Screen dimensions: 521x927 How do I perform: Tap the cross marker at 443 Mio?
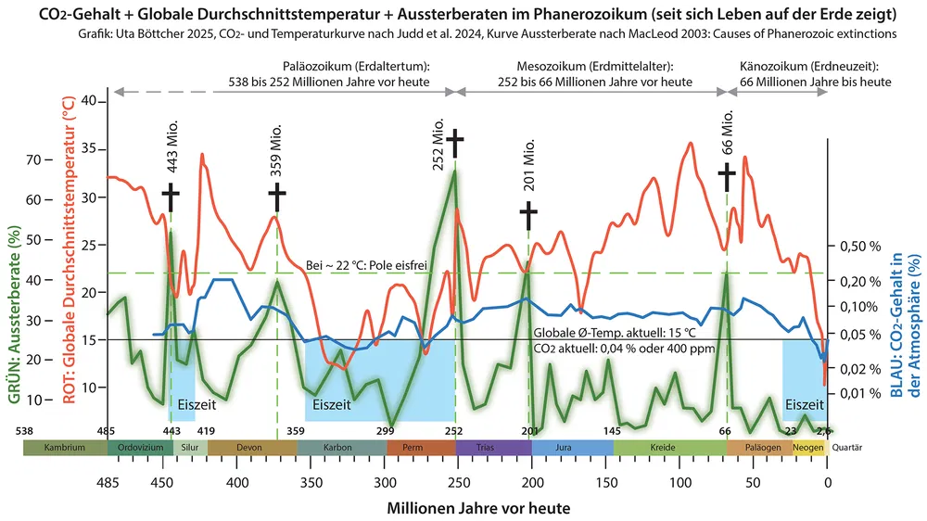point(171,197)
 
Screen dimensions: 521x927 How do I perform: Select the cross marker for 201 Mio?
point(528,214)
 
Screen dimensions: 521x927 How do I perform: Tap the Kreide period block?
point(670,448)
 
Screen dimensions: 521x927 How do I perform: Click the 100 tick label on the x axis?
point(679,482)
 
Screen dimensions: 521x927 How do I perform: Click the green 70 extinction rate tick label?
point(34,159)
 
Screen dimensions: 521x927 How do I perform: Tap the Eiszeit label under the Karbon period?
point(332,404)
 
